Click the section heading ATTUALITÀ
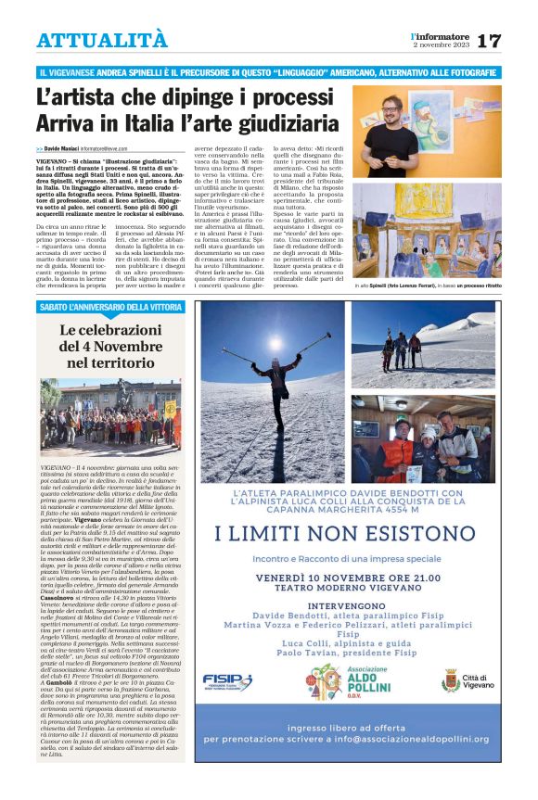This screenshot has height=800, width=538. click(x=102, y=40)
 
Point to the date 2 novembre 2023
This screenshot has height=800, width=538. click(x=442, y=44)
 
